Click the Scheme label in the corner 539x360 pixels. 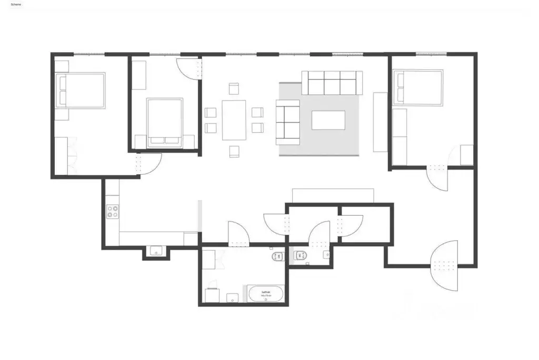coord(16,4)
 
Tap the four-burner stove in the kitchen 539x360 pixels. coord(113,212)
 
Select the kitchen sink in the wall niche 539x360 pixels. coord(156,252)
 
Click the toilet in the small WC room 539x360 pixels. coord(301,256)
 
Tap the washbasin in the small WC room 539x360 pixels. coord(327,255)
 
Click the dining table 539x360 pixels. coord(234,120)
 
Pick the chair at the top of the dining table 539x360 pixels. coord(234,89)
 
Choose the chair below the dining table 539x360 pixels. coord(234,152)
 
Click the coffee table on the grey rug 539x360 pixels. coord(328,120)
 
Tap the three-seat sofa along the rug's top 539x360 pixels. coord(332,83)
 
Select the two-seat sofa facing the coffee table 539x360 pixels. coord(287,124)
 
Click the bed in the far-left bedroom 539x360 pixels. coord(81,91)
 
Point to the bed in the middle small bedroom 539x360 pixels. coord(165,122)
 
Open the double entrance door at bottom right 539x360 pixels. coord(445,265)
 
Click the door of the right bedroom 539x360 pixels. coord(437,178)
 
